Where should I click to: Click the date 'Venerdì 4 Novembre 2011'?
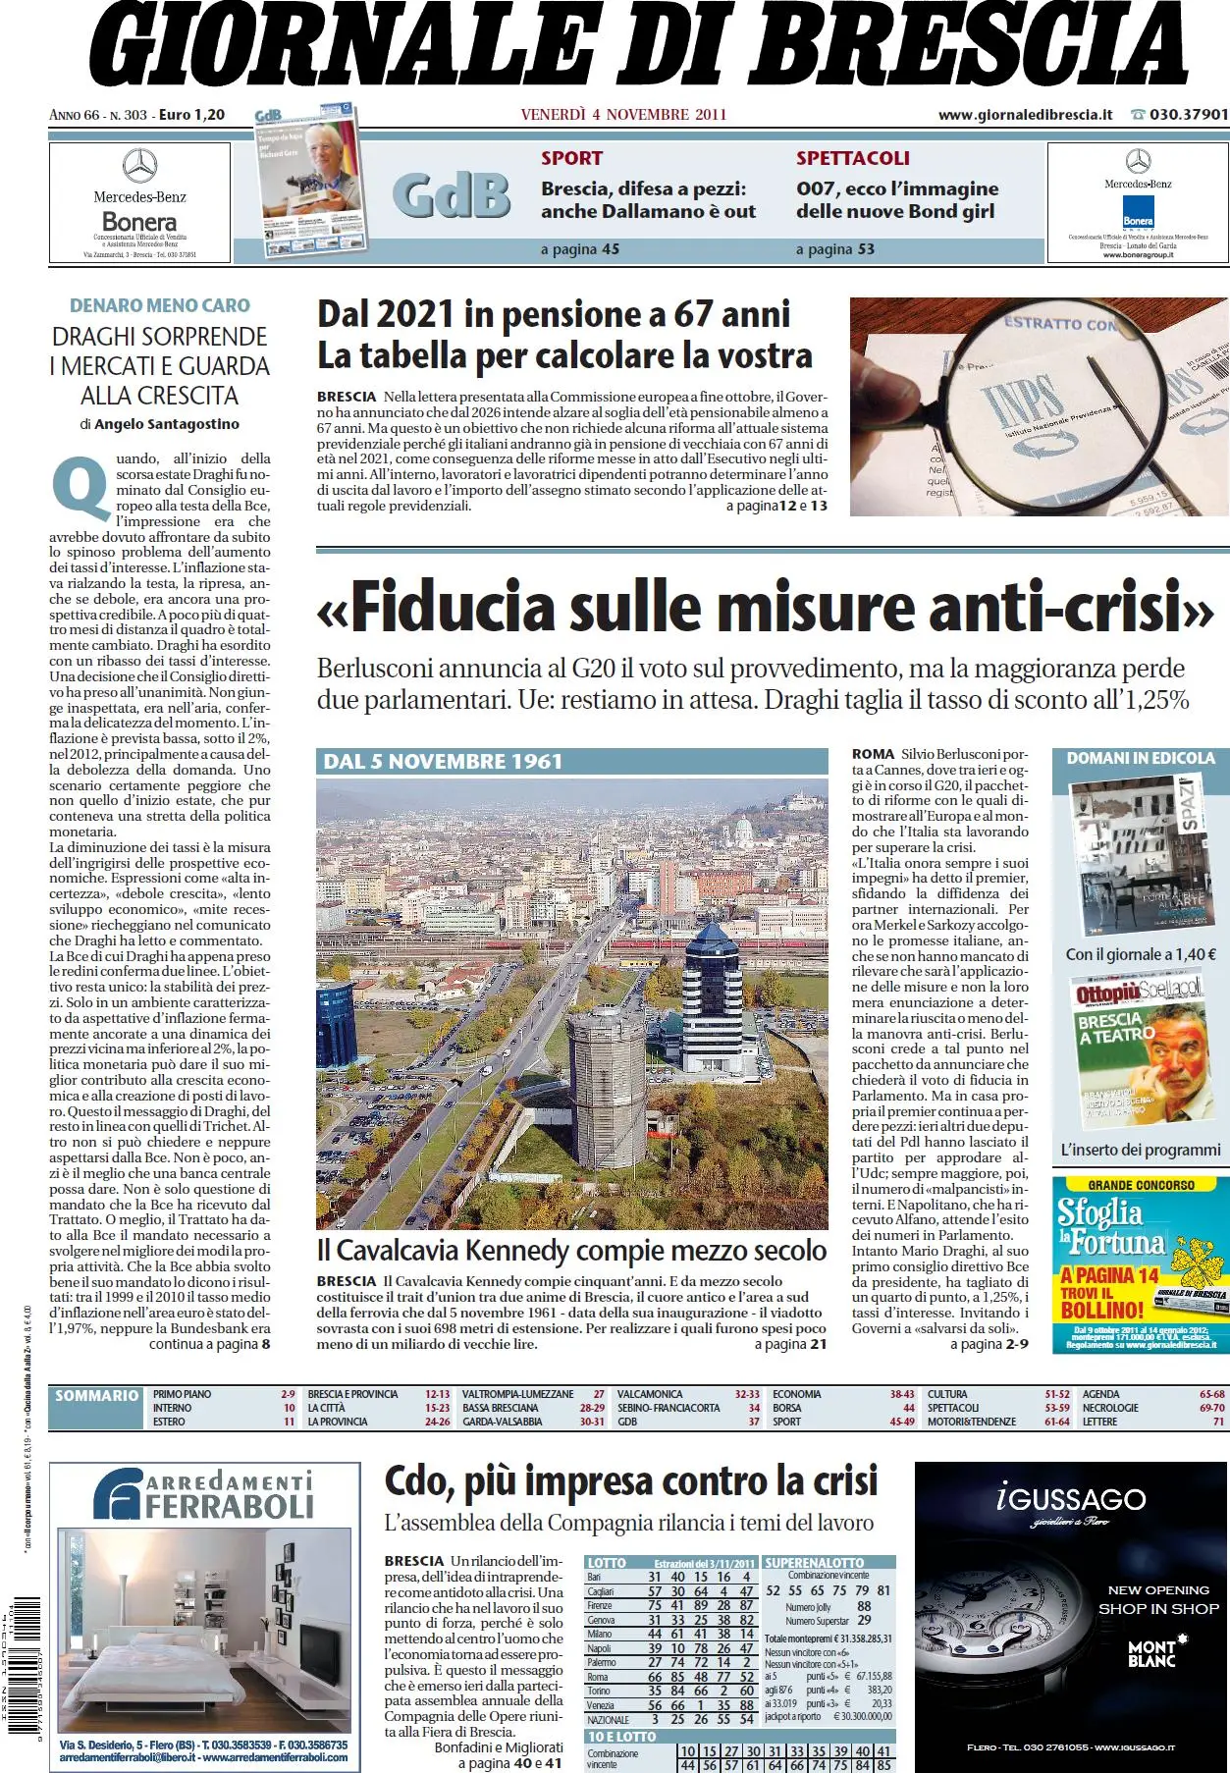click(x=623, y=115)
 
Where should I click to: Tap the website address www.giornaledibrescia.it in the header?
click(x=1025, y=115)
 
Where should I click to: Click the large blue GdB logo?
click(x=452, y=196)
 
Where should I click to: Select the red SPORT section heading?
click(x=571, y=158)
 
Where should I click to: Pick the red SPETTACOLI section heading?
click(x=852, y=158)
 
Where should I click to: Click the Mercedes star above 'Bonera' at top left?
click(x=139, y=165)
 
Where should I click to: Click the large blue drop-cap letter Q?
click(x=81, y=487)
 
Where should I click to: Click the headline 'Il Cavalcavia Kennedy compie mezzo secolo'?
click(x=571, y=1251)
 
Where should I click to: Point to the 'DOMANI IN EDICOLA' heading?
click(x=1140, y=759)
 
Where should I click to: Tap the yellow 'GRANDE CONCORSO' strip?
click(x=1141, y=1185)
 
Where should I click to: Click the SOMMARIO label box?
click(x=96, y=1396)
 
